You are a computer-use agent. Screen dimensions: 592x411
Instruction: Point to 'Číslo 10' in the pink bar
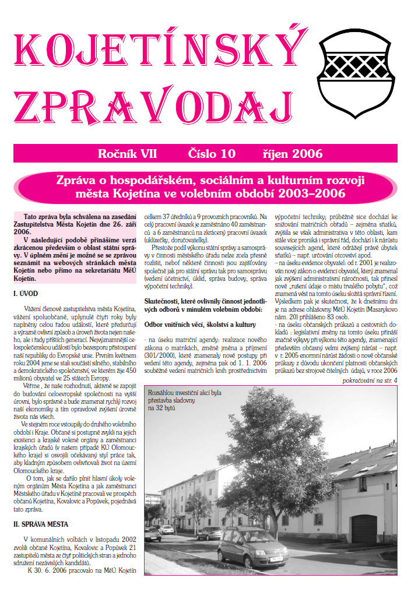pos(212,154)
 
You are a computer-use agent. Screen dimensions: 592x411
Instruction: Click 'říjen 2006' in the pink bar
pos(292,154)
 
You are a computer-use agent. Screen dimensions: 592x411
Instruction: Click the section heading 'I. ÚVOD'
pos(26,279)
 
